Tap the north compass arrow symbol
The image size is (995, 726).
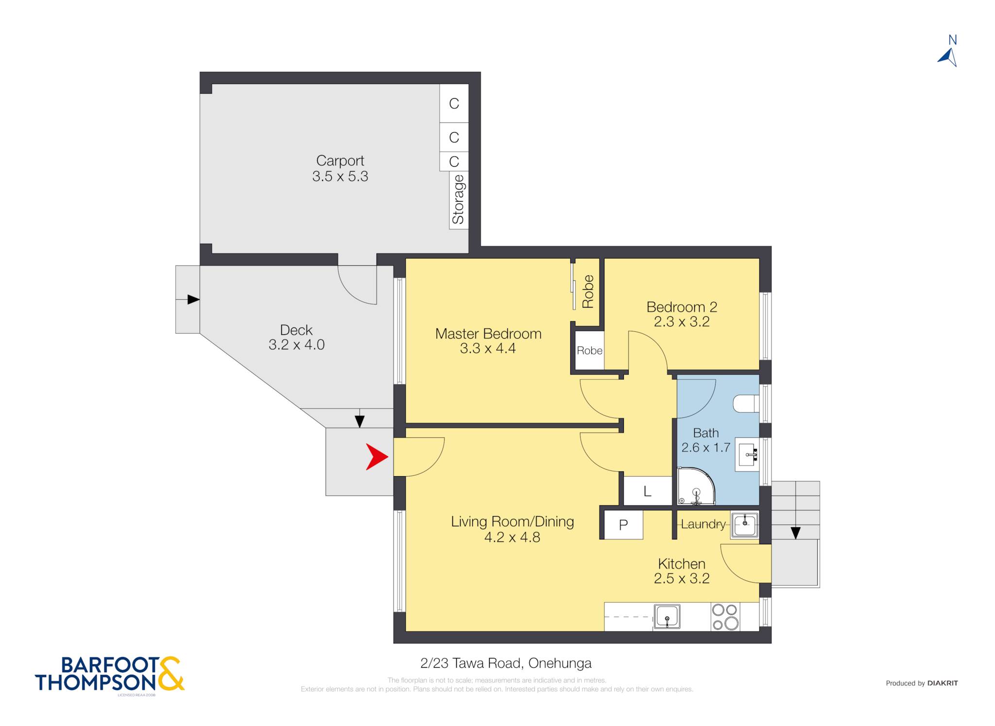[948, 57]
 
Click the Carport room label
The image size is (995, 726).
[340, 160]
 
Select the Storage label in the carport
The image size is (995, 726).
[458, 200]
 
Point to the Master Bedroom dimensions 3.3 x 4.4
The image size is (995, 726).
[488, 348]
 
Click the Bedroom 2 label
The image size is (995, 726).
[682, 307]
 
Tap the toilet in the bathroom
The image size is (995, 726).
[746, 404]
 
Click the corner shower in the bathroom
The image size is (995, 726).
[696, 486]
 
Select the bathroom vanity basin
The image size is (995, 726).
[748, 454]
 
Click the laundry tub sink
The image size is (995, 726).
[745, 525]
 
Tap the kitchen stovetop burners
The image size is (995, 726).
[725, 617]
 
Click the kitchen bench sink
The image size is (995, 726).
[667, 617]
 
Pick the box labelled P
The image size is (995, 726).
[623, 524]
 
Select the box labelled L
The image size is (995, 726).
[648, 491]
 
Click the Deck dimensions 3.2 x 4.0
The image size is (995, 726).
[296, 345]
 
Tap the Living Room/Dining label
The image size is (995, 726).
[513, 521]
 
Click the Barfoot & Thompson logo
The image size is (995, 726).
[110, 674]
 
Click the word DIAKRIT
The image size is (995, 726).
[943, 683]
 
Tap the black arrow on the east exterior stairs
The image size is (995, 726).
[795, 533]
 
